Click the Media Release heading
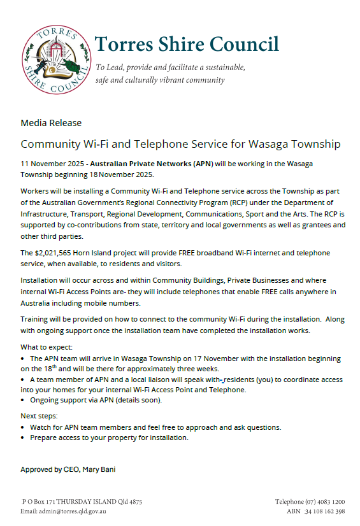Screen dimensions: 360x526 [51, 122]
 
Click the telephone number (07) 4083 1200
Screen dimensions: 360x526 [326, 502]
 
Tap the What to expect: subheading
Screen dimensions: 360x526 [47, 348]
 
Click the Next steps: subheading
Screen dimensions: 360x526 [40, 415]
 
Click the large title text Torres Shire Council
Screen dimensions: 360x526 [187, 44]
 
